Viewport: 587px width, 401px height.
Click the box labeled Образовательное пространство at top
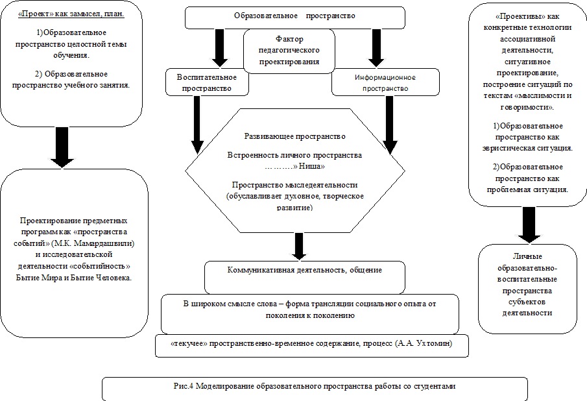(295, 18)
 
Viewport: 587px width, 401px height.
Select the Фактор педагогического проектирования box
(289, 51)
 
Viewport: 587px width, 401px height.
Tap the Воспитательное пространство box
(207, 82)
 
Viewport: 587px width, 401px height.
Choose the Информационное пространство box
(385, 82)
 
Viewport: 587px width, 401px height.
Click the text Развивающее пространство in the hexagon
(295, 136)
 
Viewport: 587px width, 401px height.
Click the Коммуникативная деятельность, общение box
(305, 278)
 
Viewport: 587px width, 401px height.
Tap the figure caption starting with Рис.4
(315, 386)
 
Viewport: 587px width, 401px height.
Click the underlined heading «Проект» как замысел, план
(71, 14)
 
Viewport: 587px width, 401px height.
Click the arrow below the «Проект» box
(62, 147)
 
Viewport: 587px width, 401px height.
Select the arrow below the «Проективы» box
(529, 225)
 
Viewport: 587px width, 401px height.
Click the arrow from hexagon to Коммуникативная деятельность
(299, 247)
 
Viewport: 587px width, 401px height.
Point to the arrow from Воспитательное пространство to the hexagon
(197, 125)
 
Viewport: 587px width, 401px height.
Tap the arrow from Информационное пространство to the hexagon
(389, 125)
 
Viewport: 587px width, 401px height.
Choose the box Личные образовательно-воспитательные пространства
(527, 289)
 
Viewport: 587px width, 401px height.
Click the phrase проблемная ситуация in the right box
(527, 189)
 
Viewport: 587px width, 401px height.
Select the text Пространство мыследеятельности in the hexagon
(294, 185)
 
